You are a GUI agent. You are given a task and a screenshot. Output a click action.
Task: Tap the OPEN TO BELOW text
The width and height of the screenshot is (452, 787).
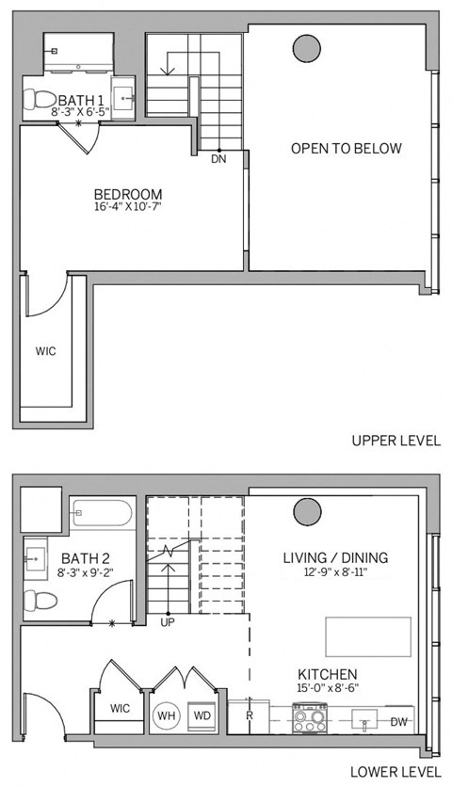(x=346, y=149)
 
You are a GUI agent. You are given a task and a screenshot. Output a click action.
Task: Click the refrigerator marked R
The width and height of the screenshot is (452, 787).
(x=248, y=715)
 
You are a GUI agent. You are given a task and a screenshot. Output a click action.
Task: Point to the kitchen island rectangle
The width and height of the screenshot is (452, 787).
(x=368, y=636)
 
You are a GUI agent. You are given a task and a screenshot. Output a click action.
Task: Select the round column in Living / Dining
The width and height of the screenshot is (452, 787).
(x=306, y=512)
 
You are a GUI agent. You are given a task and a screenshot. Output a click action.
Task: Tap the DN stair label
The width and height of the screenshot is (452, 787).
(x=218, y=159)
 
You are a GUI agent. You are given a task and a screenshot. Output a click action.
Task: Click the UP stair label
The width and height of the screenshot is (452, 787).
(x=168, y=622)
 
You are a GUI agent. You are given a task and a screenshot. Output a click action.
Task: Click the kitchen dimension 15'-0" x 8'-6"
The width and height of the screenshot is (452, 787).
(x=327, y=689)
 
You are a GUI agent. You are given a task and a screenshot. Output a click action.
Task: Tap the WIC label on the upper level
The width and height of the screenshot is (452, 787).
(x=45, y=351)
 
